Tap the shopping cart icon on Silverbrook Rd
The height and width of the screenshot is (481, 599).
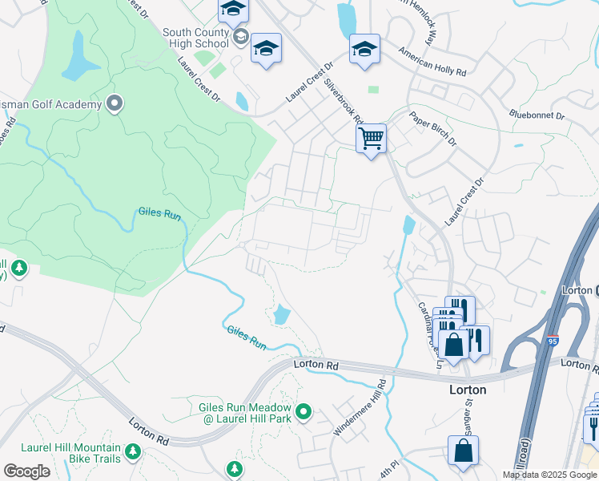(x=371, y=139)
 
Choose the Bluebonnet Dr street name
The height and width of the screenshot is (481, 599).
(x=537, y=115)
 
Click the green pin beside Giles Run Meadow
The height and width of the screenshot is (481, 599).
(x=303, y=412)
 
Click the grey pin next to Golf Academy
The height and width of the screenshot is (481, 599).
(x=115, y=103)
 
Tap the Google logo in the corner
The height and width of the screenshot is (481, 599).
(x=26, y=471)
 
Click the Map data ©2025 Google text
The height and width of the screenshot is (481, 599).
(x=549, y=475)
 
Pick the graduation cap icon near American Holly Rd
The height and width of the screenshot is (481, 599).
(x=364, y=50)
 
